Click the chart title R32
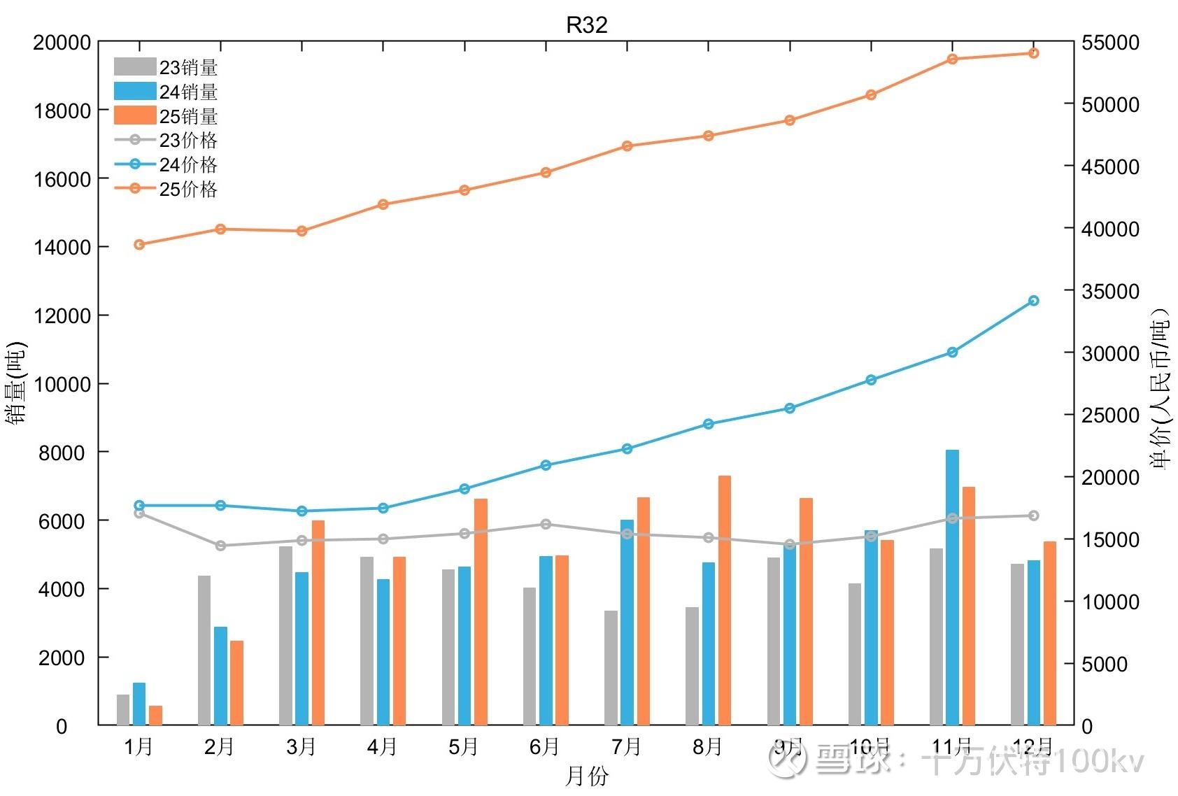tap(586, 25)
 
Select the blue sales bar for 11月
tap(952, 588)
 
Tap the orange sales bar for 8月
tap(725, 600)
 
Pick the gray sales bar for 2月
tap(204, 650)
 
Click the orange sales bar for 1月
tap(155, 715)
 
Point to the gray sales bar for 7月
tap(611, 667)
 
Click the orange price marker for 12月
tap(1033, 53)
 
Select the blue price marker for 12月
tap(1033, 301)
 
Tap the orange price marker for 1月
tap(139, 245)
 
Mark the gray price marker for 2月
tap(220, 546)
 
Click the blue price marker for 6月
tap(546, 465)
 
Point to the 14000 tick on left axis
tap(62, 248)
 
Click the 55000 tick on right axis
tap(1110, 43)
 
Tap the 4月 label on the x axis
tap(382, 747)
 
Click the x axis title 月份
tap(586, 776)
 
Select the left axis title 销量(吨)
tap(17, 383)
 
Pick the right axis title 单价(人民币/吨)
tap(1159, 389)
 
